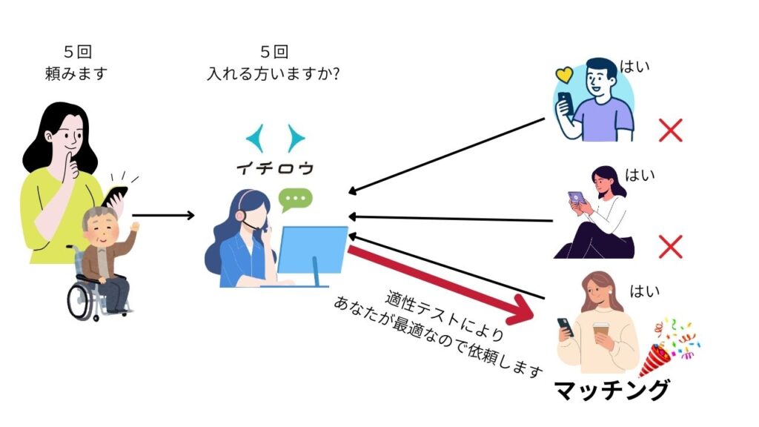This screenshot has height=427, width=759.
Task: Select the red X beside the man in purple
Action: coord(670,130)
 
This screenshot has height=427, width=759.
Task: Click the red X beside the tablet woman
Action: coord(670,247)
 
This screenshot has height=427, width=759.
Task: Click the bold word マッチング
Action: coord(612,390)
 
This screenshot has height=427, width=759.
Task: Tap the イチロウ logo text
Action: coord(275,168)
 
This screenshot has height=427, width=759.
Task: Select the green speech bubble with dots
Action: coord(296,199)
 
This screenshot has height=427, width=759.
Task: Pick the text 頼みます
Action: coord(77,73)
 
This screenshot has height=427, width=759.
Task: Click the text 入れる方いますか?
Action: coord(275,73)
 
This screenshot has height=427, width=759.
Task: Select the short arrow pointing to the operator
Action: coord(163,216)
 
